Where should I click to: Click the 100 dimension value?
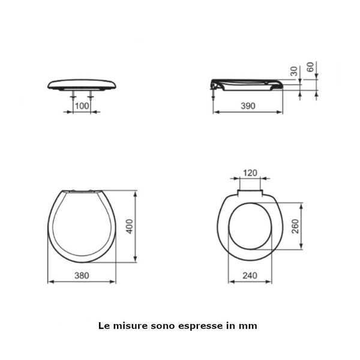click(x=82, y=106)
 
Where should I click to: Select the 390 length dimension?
click(x=248, y=106)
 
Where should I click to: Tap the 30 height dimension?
click(x=294, y=70)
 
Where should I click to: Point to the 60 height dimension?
click(x=310, y=67)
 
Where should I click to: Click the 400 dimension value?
click(x=129, y=226)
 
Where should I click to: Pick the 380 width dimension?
click(x=82, y=276)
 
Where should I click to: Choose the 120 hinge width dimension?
click(x=250, y=173)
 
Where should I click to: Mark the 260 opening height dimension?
click(x=295, y=226)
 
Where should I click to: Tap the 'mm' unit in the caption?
click(x=250, y=326)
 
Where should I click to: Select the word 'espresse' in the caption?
click(x=206, y=326)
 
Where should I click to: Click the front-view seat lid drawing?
click(x=82, y=84)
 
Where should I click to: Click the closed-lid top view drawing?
click(x=82, y=226)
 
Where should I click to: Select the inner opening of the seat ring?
click(x=250, y=226)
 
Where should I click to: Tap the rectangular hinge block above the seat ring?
click(x=250, y=193)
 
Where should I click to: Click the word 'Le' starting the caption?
click(x=103, y=326)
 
